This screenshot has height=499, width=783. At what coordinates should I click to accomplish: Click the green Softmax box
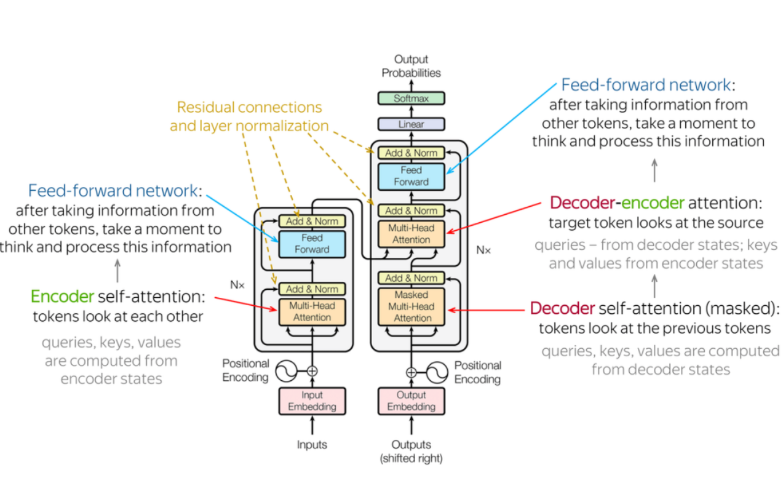pos(411,98)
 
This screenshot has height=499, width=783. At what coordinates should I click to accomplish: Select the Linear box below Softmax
pos(411,124)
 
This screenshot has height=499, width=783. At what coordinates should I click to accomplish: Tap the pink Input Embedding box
pos(312,401)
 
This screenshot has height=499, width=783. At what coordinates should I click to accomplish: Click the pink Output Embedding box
pos(411,401)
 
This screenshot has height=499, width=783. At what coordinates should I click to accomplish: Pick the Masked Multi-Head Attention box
pos(411,306)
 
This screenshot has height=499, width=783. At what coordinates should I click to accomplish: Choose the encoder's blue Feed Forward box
pos(312,244)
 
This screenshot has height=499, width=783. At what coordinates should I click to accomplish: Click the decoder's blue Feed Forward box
pos(411,176)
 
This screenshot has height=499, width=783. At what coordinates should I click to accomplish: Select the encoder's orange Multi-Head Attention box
pos(312,311)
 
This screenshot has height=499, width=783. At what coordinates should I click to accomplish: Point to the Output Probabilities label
pos(411,66)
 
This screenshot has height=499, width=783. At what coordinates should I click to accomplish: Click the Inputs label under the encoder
pos(312,445)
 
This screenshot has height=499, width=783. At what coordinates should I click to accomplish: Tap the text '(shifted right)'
pos(411,458)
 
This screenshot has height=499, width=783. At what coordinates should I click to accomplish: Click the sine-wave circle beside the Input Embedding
pos(286,371)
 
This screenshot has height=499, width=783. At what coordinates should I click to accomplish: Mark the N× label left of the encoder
pos(238,285)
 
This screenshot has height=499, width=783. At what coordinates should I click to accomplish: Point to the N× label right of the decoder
pos(483,250)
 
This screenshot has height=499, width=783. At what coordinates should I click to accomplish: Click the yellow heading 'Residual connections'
pos(249,107)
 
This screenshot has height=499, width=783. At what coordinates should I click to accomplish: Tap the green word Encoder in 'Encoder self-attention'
pos(62,297)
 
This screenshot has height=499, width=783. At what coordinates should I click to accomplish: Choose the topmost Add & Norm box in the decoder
pos(411,153)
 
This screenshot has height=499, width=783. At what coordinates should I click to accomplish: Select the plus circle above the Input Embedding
pos(312,371)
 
